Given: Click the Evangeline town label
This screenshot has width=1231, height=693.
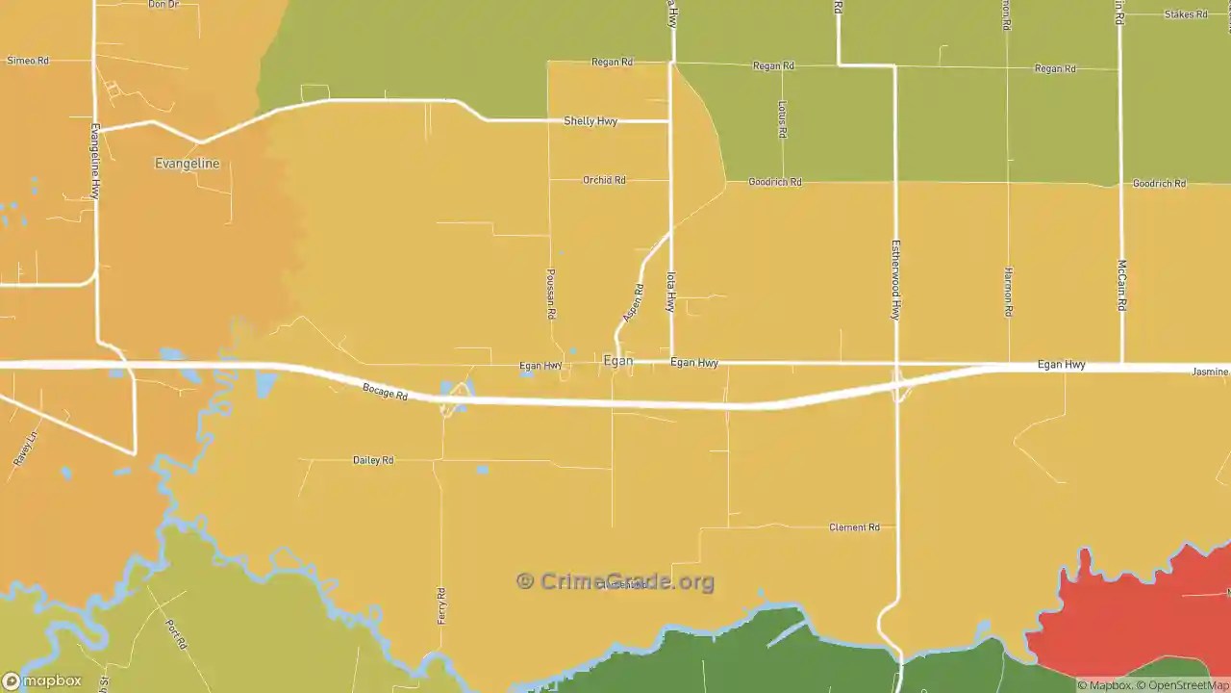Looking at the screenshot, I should click(187, 164).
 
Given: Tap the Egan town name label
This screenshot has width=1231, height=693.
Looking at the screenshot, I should click(617, 361).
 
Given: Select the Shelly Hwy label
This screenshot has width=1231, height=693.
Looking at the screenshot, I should click(590, 121).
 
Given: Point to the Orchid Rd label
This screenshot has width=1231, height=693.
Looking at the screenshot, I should click(604, 180).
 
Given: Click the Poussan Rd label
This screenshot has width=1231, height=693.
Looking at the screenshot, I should click(551, 294).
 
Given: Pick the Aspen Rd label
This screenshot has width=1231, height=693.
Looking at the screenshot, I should click(633, 301).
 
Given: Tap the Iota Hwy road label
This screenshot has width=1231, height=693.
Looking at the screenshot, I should click(671, 292).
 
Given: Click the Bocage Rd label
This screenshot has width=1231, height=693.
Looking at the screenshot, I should click(385, 392).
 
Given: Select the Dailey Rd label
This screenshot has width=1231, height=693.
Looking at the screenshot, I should click(373, 460).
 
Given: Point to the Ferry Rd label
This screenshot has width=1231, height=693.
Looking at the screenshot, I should click(441, 605).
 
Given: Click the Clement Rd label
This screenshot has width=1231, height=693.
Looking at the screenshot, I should click(854, 527).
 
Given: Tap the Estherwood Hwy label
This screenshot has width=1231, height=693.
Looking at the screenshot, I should click(895, 280).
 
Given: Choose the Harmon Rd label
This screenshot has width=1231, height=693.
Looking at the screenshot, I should click(1008, 292).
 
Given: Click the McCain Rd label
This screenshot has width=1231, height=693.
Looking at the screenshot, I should click(1121, 284).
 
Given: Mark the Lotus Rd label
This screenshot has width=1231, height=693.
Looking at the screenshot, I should click(782, 118).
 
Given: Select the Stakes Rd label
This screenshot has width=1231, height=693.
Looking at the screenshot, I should click(1185, 14).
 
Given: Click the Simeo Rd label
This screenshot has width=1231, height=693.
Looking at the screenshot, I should click(27, 61).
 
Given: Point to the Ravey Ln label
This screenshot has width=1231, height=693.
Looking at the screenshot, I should click(25, 449).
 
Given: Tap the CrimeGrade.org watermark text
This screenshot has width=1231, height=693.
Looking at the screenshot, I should click(615, 581).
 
